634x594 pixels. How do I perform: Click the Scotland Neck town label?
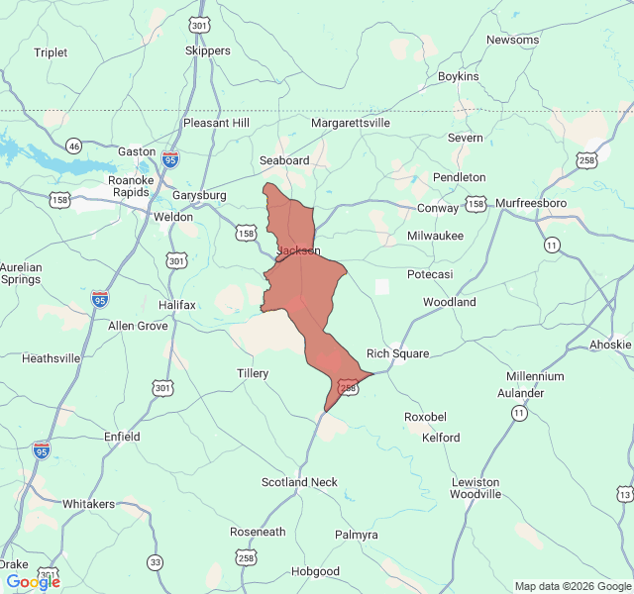(299, 482)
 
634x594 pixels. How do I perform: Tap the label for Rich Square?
(397, 353)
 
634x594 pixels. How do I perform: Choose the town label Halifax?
(177, 304)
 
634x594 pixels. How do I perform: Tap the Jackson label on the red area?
(298, 251)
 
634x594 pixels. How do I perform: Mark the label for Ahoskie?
(611, 345)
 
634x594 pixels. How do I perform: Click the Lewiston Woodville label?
(475, 488)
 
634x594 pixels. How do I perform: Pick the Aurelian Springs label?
(20, 273)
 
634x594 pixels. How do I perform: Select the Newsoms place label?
(512, 40)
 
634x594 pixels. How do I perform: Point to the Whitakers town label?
(89, 504)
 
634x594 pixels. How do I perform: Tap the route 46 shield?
(73, 146)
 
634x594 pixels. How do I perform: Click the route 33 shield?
(155, 562)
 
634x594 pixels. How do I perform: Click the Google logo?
(33, 582)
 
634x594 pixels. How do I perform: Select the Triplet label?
(51, 52)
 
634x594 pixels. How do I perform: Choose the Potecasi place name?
(430, 273)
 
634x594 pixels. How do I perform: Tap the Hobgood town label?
(315, 571)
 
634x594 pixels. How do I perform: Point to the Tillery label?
(253, 373)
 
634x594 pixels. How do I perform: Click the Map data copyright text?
(572, 586)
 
